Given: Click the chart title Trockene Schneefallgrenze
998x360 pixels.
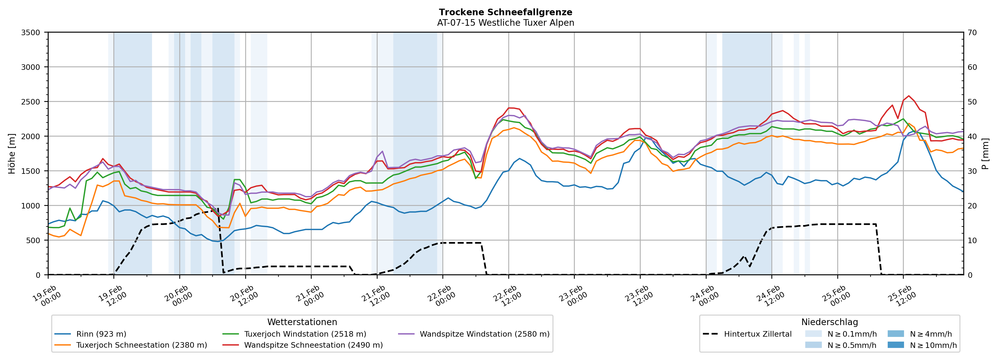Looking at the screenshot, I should coord(505,12).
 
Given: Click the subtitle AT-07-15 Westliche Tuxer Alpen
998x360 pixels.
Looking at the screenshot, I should coord(505,23).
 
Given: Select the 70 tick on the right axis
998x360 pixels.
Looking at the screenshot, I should coord(972,33).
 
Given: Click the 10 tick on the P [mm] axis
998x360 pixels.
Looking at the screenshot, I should coord(972,240).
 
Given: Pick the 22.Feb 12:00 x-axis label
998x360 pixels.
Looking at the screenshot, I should coord(507,296).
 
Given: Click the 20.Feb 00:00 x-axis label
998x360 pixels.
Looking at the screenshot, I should coord(178,296).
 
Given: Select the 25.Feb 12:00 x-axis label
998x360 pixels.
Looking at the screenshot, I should coord(902,296).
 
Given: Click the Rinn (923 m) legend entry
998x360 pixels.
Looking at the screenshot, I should coord(101,334).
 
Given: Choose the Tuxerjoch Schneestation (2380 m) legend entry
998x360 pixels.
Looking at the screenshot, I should coord(142,345).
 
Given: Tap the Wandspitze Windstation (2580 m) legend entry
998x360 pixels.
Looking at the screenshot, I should coord(484,334).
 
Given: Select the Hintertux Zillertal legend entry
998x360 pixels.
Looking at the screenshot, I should coord(757,334).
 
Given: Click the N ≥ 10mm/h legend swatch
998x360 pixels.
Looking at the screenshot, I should coord(896,345).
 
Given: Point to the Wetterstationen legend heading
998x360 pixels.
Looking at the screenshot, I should coord(302,322).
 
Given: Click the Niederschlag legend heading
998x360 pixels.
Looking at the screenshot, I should coord(829,322).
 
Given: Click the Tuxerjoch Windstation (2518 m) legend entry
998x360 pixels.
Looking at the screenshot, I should coord(305,334).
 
